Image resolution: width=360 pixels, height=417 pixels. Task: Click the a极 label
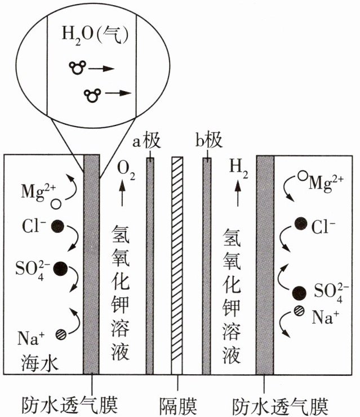(146, 140)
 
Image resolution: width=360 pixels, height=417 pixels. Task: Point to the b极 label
(209, 140)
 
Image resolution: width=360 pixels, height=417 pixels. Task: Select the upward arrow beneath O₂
(122, 193)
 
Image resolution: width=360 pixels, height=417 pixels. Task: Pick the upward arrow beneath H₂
(238, 193)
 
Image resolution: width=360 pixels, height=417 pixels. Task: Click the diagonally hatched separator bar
(177, 266)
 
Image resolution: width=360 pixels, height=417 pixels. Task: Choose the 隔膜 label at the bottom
(178, 406)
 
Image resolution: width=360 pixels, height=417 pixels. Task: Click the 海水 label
(39, 364)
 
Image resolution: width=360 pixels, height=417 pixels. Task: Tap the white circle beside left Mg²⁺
(56, 204)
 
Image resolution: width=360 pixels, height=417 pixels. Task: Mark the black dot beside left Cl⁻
(57, 226)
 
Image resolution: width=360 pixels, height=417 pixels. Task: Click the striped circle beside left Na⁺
(61, 334)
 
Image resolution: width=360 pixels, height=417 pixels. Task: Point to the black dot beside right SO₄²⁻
(299, 293)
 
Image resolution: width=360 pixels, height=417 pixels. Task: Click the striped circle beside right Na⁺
(299, 311)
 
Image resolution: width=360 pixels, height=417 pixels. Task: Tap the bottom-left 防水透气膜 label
(69, 406)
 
